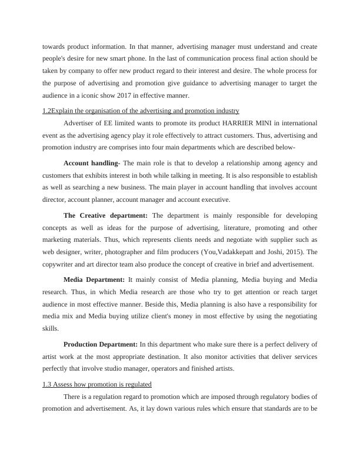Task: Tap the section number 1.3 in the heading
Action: coord(48,384)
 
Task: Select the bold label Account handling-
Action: coord(92,163)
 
